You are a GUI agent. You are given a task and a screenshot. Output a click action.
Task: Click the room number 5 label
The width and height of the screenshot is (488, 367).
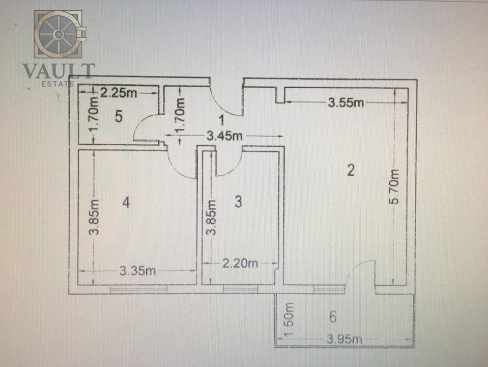pos(118,117)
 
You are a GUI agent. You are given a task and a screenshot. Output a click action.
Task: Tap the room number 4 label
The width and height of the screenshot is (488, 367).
pos(126,203)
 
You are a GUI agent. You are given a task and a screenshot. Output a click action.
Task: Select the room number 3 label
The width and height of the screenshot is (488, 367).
pos(238,202)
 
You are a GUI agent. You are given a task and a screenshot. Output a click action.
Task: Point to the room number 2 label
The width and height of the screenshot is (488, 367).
pos(350,170)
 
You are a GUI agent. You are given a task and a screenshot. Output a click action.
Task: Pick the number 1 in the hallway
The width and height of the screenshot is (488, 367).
pos(221,121)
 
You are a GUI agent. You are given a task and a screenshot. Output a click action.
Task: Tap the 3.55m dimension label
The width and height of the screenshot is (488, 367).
pos(346,103)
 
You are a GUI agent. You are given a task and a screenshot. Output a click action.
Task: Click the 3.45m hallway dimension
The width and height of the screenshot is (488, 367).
pos(224,136)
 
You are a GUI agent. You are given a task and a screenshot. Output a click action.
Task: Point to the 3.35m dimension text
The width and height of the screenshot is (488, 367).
pos(137,271)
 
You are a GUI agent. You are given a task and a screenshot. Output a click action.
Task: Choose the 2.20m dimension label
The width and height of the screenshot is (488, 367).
pos(240,264)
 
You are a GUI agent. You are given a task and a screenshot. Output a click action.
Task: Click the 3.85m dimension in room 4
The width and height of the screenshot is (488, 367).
pos(94,217)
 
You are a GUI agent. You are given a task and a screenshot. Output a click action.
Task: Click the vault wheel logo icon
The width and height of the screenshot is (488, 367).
pos(60,34)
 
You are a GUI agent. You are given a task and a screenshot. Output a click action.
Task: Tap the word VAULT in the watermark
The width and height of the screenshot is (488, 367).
pos(58,71)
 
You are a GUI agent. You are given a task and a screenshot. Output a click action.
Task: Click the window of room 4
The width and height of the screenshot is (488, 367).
pos(138,289)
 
